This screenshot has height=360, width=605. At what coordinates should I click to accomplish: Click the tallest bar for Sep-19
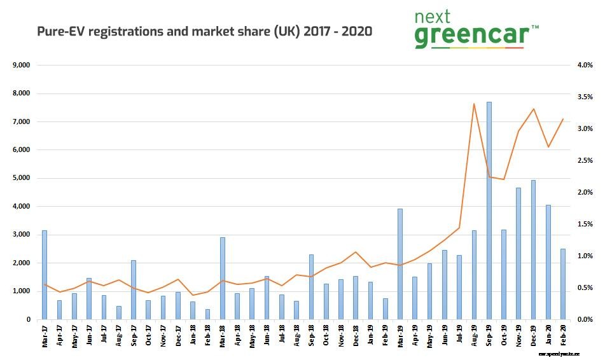[489, 211]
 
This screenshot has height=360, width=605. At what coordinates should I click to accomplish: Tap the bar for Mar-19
[400, 264]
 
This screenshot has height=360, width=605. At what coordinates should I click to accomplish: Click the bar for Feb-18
[207, 314]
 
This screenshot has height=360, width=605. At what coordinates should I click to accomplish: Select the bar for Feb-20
[563, 284]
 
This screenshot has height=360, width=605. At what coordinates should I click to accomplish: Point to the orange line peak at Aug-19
[474, 104]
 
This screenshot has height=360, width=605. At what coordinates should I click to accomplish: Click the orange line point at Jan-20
[548, 147]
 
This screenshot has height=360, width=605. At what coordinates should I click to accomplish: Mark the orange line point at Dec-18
[356, 252]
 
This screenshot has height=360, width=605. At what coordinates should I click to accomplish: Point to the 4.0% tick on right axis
[585, 65]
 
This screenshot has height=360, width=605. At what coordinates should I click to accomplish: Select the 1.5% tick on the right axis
[585, 224]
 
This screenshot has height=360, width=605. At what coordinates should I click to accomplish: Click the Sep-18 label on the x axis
[312, 335]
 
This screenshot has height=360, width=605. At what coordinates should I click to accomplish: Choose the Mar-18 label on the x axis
[223, 335]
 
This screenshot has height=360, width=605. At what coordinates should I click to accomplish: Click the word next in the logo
[433, 17]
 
